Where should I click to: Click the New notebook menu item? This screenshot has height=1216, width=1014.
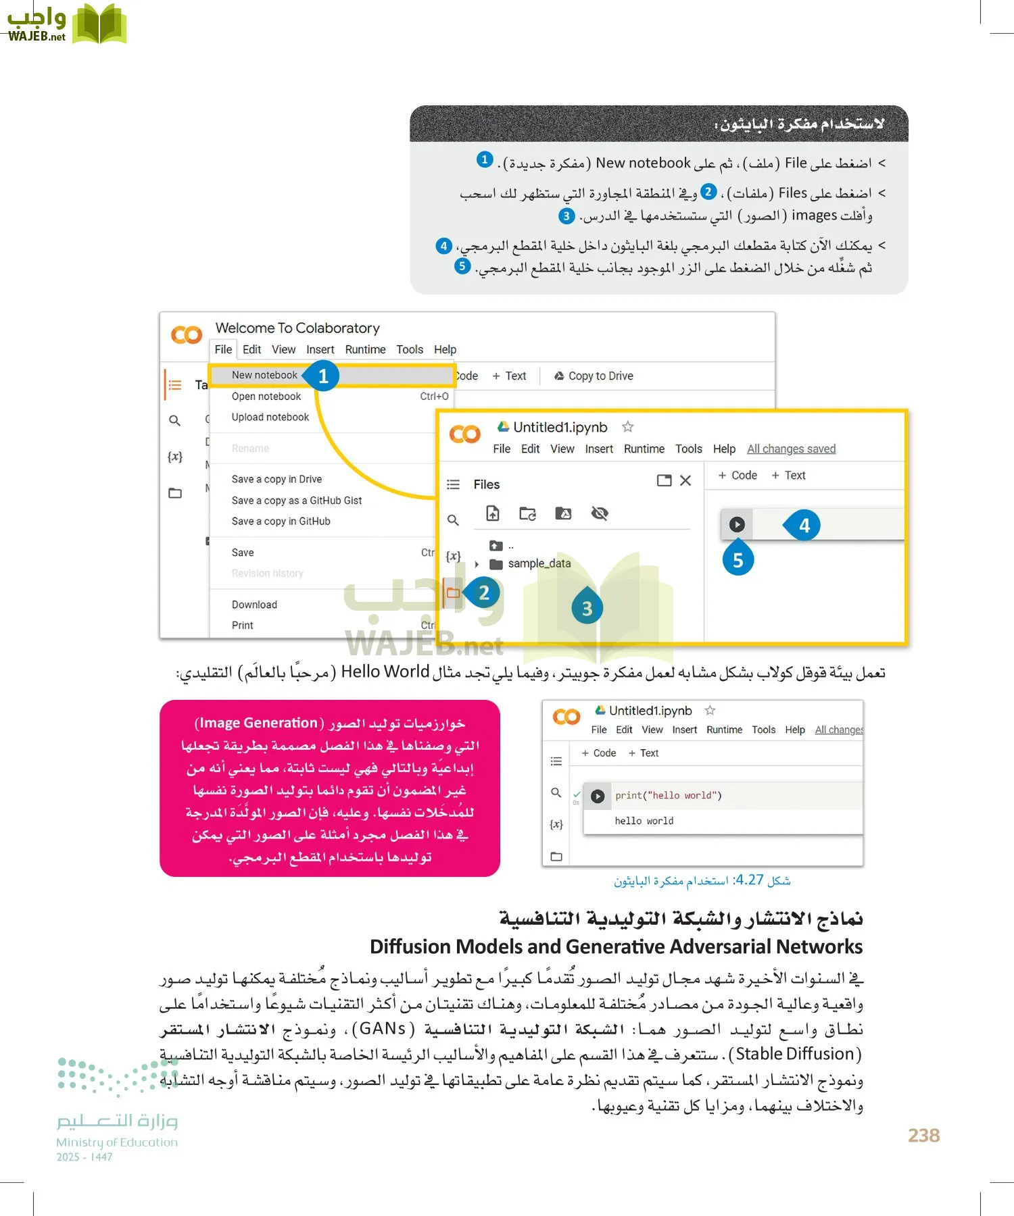pos(264,375)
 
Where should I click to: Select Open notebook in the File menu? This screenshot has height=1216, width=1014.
pos(266,397)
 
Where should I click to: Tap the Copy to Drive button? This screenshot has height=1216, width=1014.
pos(594,376)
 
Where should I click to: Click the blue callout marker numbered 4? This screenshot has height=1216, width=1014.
pos(804,525)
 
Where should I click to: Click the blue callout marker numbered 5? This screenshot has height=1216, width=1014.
pos(738,560)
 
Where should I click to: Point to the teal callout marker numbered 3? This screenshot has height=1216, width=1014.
pos(587,608)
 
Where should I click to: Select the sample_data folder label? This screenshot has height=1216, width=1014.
pos(539,563)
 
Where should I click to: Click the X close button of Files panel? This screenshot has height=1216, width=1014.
pos(685,480)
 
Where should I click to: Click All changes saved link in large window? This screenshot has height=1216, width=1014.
pos(791,449)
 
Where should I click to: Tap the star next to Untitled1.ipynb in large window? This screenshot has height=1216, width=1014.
pos(627,427)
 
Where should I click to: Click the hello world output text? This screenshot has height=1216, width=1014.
pos(644,821)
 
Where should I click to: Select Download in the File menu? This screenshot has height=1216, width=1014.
pos(254,605)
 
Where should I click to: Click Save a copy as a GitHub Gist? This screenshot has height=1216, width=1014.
pos(296,501)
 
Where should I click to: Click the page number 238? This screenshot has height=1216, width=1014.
pos(923,1135)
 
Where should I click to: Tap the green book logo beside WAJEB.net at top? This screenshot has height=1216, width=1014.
pos(99,24)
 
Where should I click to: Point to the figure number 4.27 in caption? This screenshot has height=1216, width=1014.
pos(749,880)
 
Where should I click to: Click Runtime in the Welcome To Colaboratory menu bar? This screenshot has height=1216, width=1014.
pos(365,349)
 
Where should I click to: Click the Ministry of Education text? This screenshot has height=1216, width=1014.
pos(116,1142)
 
